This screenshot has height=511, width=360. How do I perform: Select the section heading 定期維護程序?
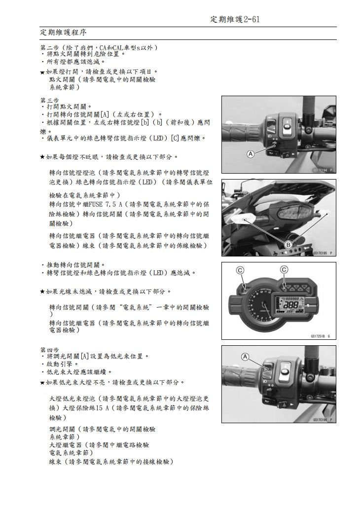coord(63,33)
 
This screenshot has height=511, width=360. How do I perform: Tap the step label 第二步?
coord(49,47)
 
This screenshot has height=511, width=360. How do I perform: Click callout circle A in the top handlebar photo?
coord(251,154)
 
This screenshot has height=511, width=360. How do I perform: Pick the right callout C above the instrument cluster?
coord(285,269)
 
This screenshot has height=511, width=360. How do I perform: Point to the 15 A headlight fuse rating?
coord(104,408)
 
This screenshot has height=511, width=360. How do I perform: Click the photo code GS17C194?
coord(320,169)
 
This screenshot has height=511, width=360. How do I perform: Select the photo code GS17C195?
coord(320,253)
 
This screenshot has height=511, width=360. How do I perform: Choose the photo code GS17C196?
coord(320,419)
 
